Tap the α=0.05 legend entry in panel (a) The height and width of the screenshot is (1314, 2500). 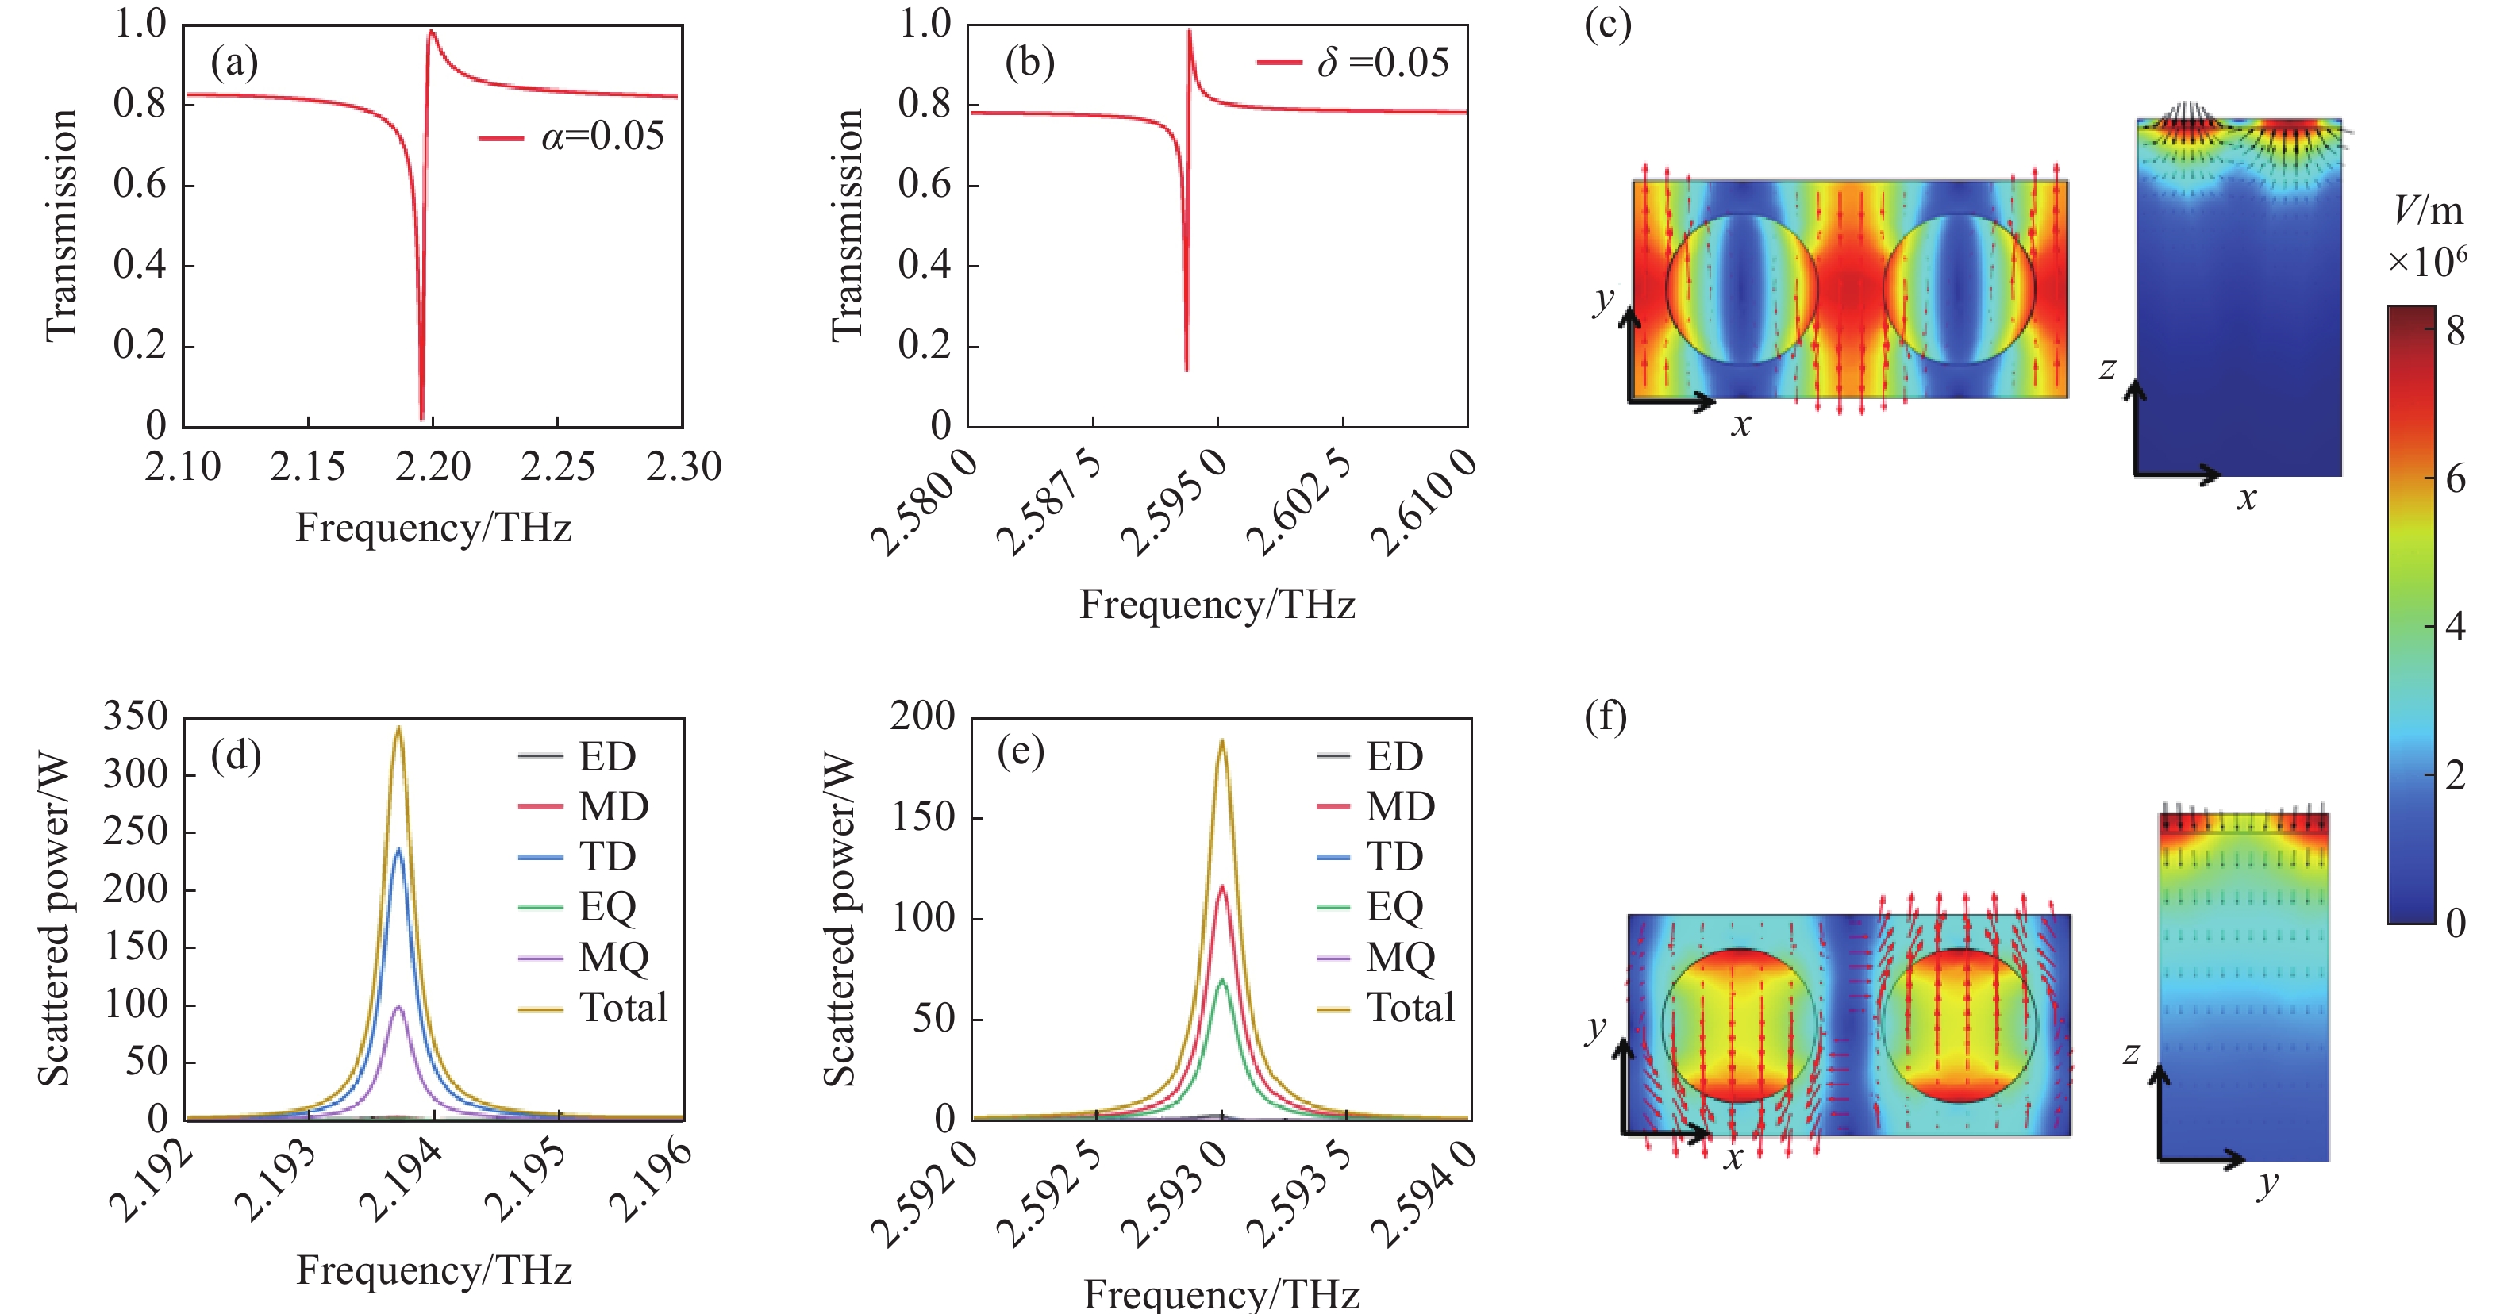pyautogui.click(x=572, y=136)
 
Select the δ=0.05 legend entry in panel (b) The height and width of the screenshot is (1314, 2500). pyautogui.click(x=1353, y=63)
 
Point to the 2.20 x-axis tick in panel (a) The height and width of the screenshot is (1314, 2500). pyautogui.click(x=433, y=467)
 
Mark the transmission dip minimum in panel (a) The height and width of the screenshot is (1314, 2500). pyautogui.click(x=421, y=417)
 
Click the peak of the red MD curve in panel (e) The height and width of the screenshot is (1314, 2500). pyautogui.click(x=1222, y=886)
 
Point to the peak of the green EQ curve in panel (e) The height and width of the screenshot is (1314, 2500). pyautogui.click(x=1222, y=980)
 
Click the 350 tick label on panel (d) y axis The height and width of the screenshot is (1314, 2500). pyautogui.click(x=136, y=717)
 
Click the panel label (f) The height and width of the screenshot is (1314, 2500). pyautogui.click(x=1606, y=717)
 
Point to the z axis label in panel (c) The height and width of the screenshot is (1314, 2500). pyautogui.click(x=2107, y=369)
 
